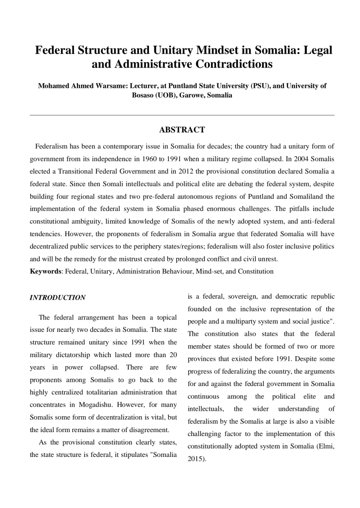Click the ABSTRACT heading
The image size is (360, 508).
182,130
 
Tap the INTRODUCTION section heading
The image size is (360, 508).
58,298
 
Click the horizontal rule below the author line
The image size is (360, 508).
182,115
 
